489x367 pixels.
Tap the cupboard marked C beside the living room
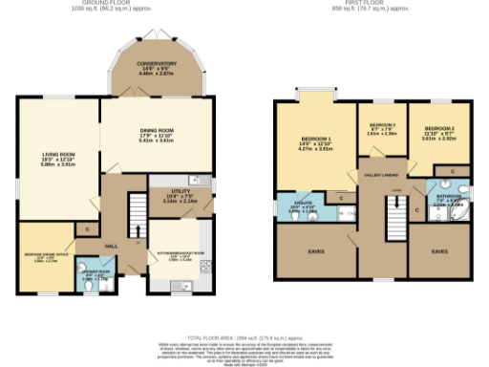tap(87, 229)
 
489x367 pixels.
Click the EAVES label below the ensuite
tap(315, 251)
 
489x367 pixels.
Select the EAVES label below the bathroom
tap(438, 251)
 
